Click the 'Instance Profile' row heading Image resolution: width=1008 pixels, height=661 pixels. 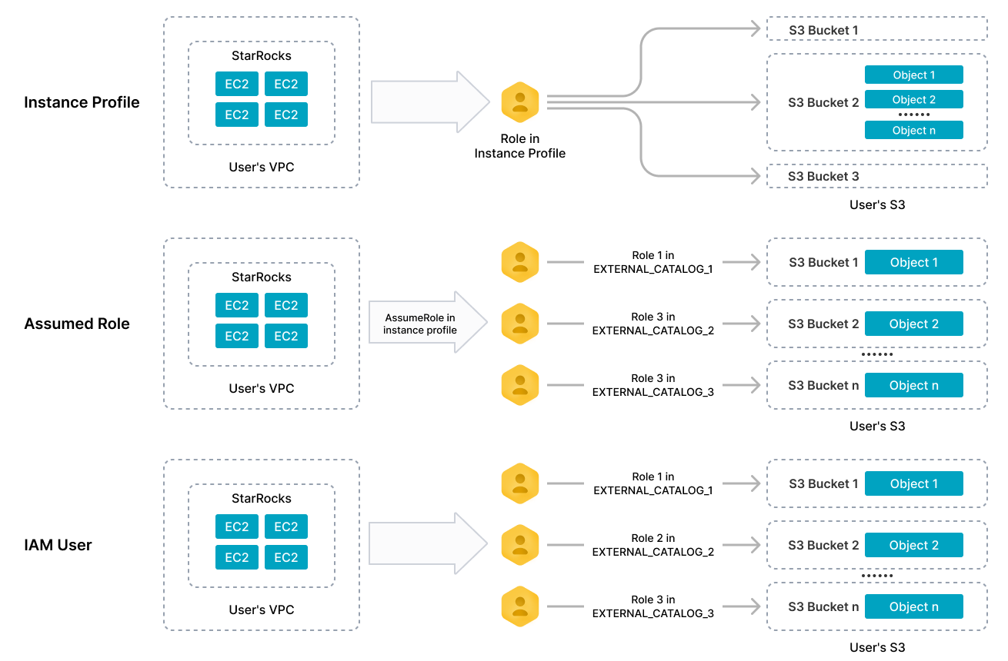coord(82,102)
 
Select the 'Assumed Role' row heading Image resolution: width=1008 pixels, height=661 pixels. coord(77,324)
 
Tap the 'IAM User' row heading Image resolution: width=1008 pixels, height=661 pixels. coord(58,545)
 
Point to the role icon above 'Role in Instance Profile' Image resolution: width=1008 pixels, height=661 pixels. coord(520,101)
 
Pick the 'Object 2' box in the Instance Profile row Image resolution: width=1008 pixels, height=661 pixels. coord(913,100)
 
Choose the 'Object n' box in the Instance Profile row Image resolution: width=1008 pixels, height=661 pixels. coord(913,131)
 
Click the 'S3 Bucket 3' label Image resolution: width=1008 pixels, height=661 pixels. coord(823,177)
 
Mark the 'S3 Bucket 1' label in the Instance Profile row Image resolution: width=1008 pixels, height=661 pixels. coord(823,31)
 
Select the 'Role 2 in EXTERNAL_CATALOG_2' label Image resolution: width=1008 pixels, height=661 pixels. coord(653,545)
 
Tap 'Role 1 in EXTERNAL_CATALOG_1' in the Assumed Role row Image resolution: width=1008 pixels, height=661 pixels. coord(653,262)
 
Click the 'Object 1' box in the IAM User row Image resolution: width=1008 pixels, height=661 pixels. coord(913,483)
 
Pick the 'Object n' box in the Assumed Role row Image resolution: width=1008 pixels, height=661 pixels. coord(913,385)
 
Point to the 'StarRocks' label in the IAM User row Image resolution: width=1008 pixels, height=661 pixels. coord(262,498)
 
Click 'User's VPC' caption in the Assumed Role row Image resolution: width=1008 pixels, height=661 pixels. coord(262,388)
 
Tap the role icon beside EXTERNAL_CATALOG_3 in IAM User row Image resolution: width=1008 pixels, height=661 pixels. coord(520,606)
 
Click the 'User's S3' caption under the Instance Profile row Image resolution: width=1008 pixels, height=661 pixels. coord(877,204)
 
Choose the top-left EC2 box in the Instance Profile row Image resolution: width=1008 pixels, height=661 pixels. coord(237,84)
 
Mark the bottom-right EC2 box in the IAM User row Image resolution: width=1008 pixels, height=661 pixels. coord(286,557)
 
